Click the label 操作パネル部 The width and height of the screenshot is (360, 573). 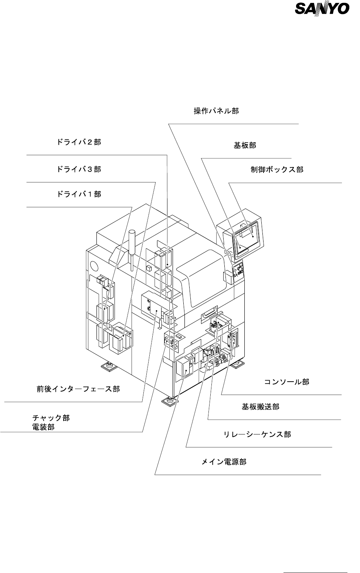pyautogui.click(x=216, y=111)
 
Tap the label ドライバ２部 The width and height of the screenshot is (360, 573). pyautogui.click(x=79, y=142)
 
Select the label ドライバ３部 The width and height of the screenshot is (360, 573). pyautogui.click(x=79, y=169)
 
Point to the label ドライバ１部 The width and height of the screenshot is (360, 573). pyautogui.click(x=79, y=194)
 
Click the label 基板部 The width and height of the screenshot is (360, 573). pyautogui.click(x=245, y=145)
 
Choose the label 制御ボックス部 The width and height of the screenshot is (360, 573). pyautogui.click(x=277, y=170)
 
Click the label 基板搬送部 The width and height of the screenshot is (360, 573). pyautogui.click(x=260, y=407)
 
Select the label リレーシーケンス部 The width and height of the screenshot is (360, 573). pyautogui.click(x=257, y=434)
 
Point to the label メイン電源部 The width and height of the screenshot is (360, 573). pyautogui.click(x=224, y=462)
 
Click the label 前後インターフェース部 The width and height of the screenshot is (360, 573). pyautogui.click(x=78, y=389)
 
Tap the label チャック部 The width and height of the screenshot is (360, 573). pyautogui.click(x=51, y=418)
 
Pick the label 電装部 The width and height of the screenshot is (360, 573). pyautogui.click(x=43, y=427)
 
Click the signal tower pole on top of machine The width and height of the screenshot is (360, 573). pyautogui.click(x=132, y=249)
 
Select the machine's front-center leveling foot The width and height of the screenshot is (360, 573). pyautogui.click(x=170, y=400)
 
